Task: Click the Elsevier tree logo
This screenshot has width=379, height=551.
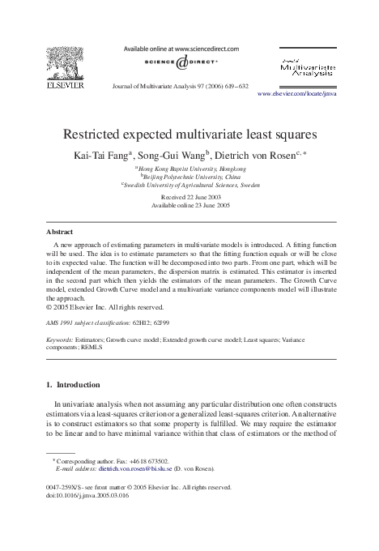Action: point(66,62)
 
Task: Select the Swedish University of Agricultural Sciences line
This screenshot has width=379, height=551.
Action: point(191,186)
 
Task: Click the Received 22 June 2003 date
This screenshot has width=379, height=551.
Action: point(189,197)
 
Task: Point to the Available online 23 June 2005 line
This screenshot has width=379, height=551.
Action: point(189,205)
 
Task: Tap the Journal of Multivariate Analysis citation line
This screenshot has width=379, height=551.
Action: point(190,84)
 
